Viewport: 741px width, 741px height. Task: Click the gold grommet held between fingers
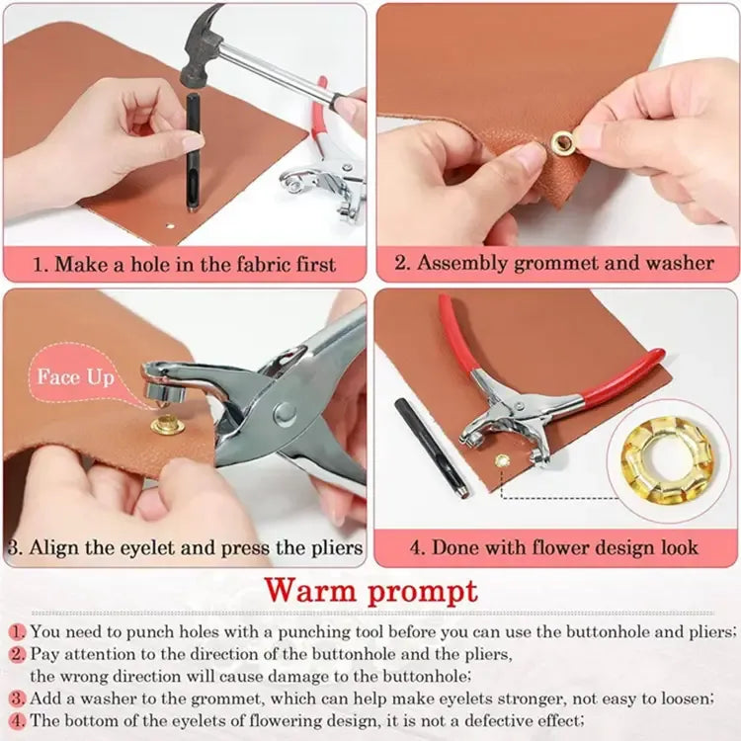[564, 144]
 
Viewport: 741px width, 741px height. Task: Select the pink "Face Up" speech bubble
[75, 377]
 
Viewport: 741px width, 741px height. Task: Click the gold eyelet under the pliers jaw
[163, 426]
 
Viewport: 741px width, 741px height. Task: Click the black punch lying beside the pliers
[431, 446]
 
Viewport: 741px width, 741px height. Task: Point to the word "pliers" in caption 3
[331, 547]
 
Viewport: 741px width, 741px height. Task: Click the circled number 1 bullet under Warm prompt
[17, 631]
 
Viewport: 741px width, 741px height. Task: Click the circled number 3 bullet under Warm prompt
[17, 699]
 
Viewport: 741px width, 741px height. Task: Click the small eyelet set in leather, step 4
[500, 459]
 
